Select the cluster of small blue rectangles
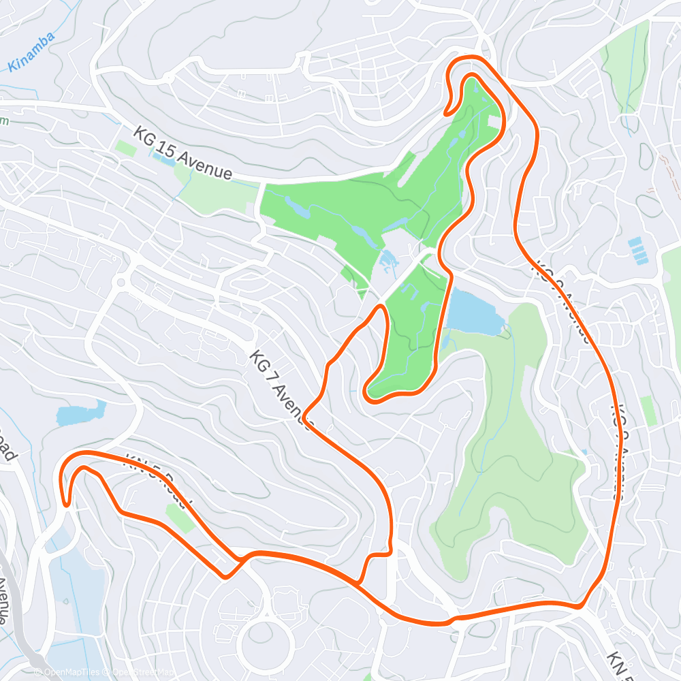638,250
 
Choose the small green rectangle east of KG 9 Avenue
648,411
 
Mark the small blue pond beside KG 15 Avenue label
163,159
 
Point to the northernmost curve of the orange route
470,57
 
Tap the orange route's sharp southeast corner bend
579,605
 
